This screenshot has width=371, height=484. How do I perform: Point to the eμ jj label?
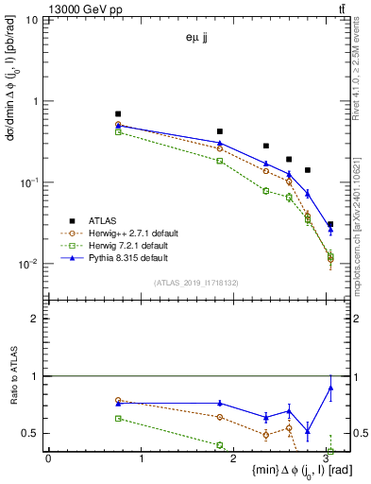[198, 39]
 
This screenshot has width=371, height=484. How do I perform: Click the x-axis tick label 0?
[48, 458]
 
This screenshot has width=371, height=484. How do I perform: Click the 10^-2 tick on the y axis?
[29, 264]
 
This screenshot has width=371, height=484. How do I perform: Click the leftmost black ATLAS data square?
[118, 113]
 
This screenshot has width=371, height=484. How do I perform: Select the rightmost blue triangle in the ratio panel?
[330, 387]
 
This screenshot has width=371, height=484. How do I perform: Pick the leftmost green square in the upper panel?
[118, 132]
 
